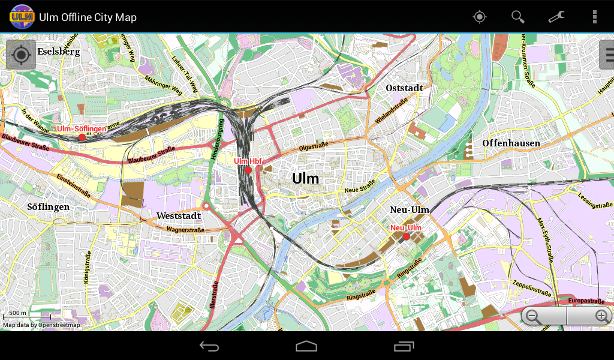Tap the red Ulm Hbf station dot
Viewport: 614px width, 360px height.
click(x=248, y=170)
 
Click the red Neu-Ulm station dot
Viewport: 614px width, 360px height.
click(x=406, y=237)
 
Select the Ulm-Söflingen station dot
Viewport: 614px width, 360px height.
click(x=82, y=137)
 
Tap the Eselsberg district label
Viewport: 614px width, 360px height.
click(x=59, y=52)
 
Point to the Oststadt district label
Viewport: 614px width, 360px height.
click(x=404, y=88)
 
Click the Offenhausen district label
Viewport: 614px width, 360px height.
click(x=511, y=143)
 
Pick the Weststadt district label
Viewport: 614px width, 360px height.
click(x=179, y=215)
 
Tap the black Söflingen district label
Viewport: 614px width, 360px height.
click(x=49, y=207)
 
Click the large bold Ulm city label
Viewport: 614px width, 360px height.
click(x=306, y=178)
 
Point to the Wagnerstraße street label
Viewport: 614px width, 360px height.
click(x=185, y=230)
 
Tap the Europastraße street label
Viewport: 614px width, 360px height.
click(x=586, y=301)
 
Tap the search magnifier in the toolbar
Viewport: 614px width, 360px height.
click(x=517, y=17)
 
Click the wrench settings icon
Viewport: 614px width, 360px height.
click(x=556, y=17)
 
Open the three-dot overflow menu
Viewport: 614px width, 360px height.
click(x=594, y=17)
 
